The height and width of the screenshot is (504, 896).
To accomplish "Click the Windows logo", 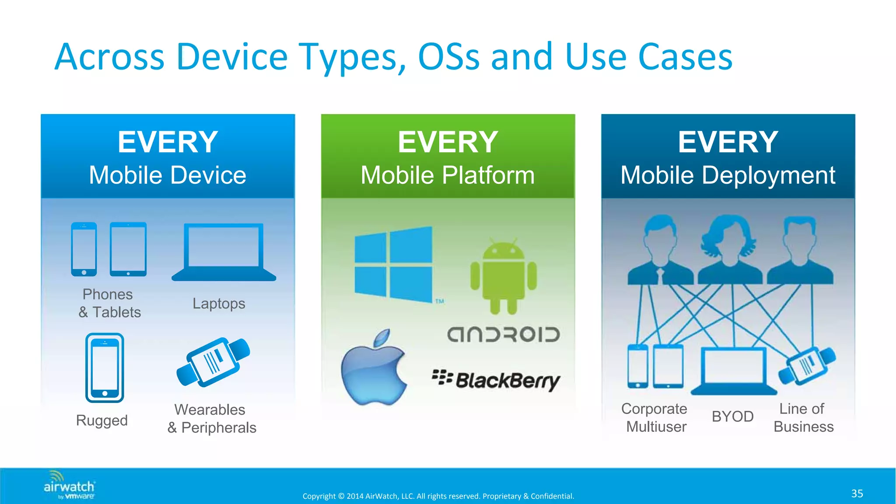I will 393,264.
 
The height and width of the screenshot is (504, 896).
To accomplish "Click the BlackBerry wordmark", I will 496,380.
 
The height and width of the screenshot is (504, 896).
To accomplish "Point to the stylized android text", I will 503,335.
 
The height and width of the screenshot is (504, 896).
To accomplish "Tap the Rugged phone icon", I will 105,368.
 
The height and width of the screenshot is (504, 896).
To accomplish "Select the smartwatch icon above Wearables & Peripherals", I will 213,362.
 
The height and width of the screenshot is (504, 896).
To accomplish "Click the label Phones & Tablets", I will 109,303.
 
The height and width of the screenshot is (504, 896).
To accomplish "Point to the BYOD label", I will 732,416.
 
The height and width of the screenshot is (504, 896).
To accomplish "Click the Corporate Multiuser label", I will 655,417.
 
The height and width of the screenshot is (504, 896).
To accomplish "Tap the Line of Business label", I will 803,417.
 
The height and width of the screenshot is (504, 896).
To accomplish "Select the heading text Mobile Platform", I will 448,175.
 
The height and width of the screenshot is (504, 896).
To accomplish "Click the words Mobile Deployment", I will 728,175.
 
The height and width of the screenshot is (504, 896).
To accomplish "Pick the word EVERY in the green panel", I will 448,142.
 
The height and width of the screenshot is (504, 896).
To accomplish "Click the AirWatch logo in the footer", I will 69,485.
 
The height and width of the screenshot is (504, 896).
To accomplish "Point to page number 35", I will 857,493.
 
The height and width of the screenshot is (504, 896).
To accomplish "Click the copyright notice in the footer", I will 438,496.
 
